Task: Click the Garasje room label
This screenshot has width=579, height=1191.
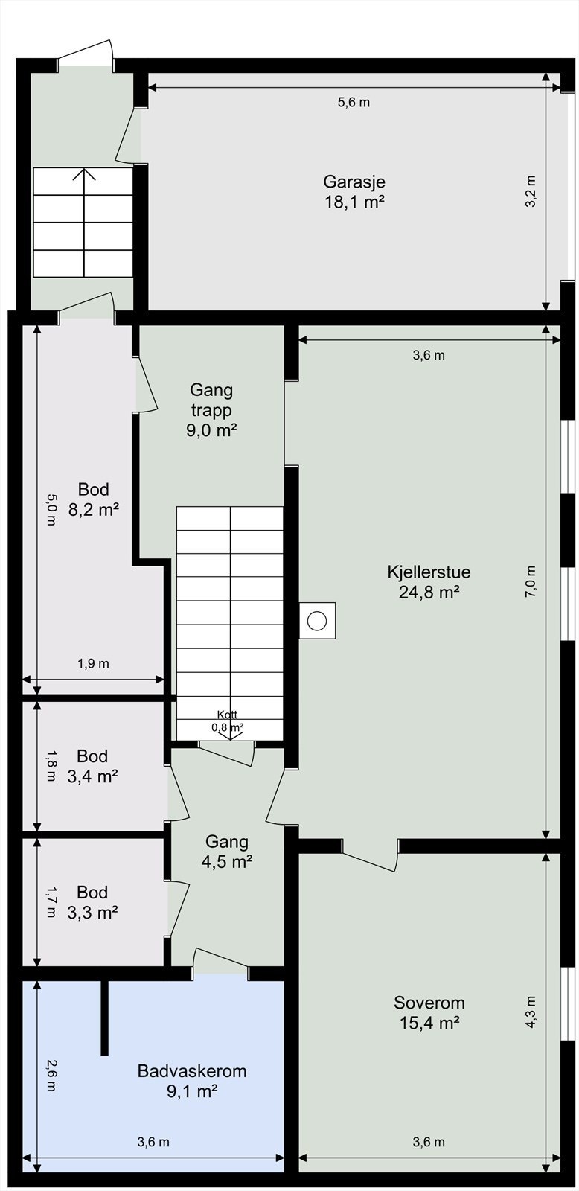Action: click(354, 182)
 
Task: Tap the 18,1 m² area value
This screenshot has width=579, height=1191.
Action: click(354, 202)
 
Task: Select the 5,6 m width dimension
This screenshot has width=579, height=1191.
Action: click(354, 103)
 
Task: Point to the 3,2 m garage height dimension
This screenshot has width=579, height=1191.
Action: click(531, 192)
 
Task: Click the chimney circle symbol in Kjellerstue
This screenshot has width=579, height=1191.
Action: click(317, 620)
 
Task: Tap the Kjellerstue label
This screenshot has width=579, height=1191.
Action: click(429, 572)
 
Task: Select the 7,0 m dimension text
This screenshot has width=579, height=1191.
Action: click(531, 582)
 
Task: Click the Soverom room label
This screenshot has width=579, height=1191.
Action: click(429, 1003)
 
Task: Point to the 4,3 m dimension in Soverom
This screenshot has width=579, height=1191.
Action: click(531, 1012)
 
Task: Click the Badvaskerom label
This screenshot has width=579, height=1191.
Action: click(191, 1071)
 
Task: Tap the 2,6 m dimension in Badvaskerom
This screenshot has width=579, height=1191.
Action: click(50, 1076)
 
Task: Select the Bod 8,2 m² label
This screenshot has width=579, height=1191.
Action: click(94, 499)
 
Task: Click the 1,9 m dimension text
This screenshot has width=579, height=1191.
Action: click(93, 664)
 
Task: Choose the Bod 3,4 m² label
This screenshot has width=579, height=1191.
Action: click(93, 766)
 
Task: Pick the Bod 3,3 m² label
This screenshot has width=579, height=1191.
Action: click(93, 902)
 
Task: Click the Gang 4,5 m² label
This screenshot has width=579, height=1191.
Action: click(227, 852)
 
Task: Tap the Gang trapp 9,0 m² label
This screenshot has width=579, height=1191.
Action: click(211, 409)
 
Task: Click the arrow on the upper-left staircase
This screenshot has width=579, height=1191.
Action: click(83, 176)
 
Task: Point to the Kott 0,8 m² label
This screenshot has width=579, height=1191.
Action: click(228, 721)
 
